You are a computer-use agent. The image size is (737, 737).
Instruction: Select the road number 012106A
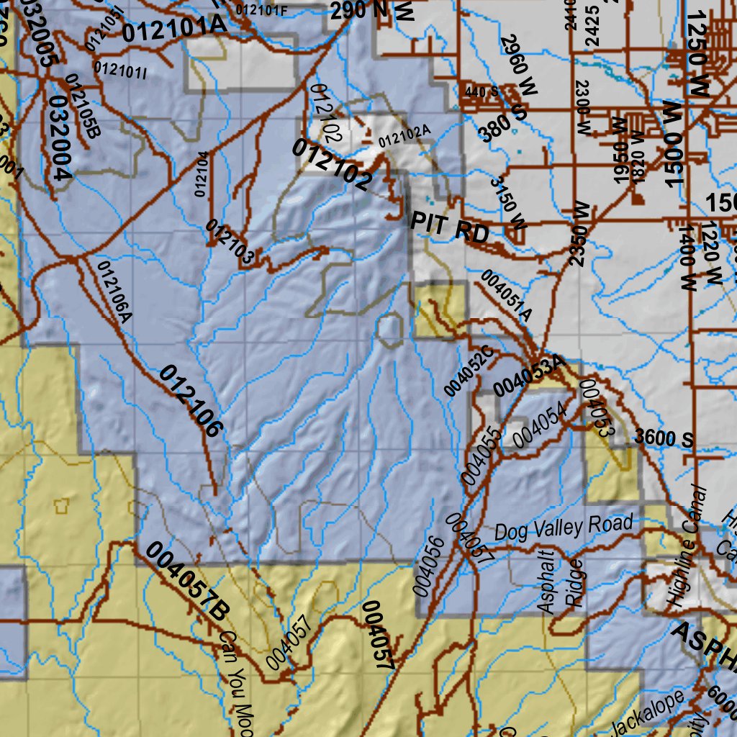tap(115, 292)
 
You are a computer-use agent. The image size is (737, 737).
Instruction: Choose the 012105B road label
tap(83, 106)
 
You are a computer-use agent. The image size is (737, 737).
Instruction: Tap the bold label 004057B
tap(187, 582)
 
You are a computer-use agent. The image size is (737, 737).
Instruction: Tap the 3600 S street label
tap(664, 439)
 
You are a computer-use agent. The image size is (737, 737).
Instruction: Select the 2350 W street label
tap(579, 234)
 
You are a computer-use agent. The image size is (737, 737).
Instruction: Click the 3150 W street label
tap(508, 204)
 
